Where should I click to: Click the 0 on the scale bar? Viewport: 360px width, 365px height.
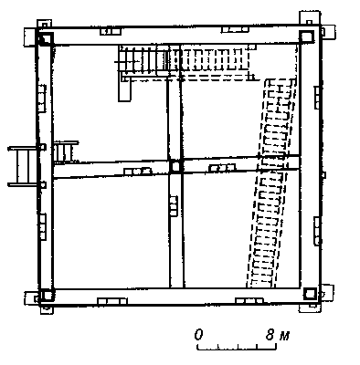[x=198, y=335]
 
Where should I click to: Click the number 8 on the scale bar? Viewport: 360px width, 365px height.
[x=270, y=335]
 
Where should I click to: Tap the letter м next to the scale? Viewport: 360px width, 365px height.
[x=284, y=336]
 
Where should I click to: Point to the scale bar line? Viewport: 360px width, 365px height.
[x=237, y=347]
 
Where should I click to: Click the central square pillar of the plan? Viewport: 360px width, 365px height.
[x=175, y=166]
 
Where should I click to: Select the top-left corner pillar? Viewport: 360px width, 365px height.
[x=45, y=38]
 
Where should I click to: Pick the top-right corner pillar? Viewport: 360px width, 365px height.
[x=306, y=36]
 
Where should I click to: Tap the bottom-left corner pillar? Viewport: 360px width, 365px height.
[x=47, y=295]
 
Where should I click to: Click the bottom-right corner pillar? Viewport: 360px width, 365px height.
[x=310, y=294]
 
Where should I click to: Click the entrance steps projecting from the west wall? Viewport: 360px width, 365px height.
[x=24, y=166]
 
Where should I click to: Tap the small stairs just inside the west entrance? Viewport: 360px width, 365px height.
[x=65, y=151]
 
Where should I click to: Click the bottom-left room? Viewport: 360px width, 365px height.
[x=111, y=232]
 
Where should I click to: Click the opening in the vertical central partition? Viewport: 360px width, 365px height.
[x=174, y=206]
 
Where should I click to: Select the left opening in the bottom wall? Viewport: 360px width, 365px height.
[x=112, y=301]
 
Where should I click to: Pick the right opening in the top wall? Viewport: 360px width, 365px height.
[x=235, y=29]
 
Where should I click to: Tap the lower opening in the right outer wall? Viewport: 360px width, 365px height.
[x=317, y=231]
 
